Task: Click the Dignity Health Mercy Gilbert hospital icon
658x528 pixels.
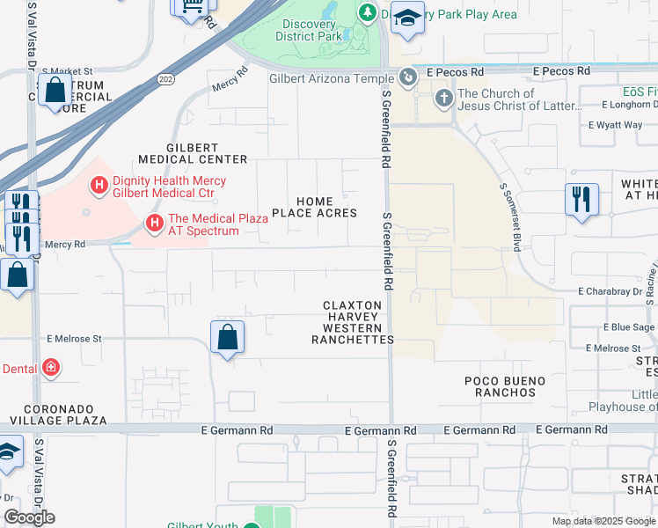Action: point(99,186)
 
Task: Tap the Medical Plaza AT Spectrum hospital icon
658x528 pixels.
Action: point(155,224)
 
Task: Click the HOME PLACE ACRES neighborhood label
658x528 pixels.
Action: point(314,207)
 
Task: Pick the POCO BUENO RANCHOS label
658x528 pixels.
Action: point(505,386)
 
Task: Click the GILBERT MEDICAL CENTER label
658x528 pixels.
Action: point(193,153)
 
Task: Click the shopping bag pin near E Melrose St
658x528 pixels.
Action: point(228,336)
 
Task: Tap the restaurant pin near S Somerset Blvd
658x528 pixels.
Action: point(581,200)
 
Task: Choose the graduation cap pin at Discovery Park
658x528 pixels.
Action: point(407,19)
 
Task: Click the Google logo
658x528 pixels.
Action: point(29,517)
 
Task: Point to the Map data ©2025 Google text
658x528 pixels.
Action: point(603,521)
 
